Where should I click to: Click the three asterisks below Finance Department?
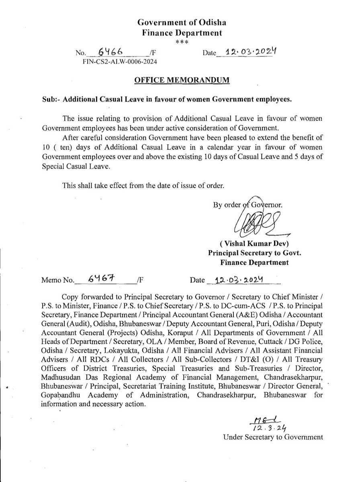(x=180, y=42)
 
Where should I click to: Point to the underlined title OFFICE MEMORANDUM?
(x=182, y=80)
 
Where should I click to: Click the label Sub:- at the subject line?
(x=51, y=98)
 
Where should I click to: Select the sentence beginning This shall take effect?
(x=141, y=186)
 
